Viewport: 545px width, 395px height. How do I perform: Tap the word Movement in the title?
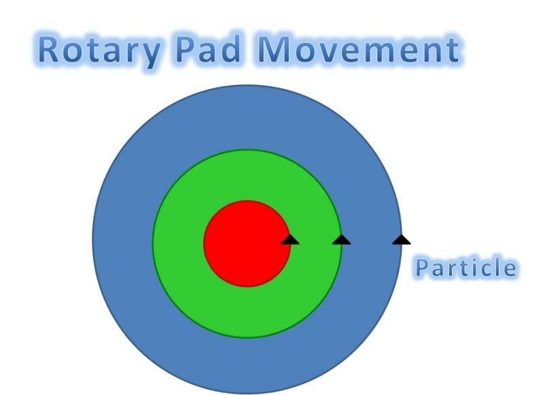click(361, 52)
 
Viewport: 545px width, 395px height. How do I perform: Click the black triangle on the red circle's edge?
click(290, 239)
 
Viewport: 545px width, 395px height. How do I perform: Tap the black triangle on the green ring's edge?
click(341, 239)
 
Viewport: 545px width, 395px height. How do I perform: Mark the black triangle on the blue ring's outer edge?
click(402, 239)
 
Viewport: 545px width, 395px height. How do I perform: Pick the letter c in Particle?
click(482, 269)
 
